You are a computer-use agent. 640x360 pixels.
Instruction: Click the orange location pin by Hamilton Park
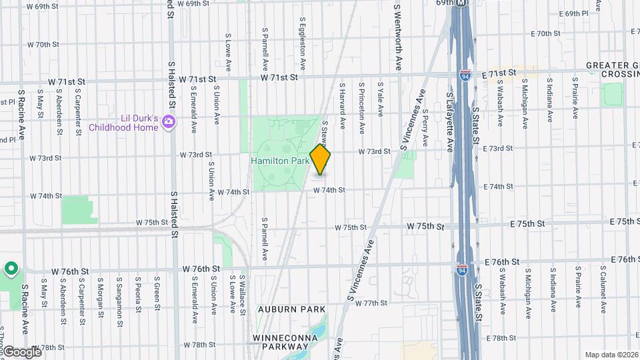click(x=321, y=161)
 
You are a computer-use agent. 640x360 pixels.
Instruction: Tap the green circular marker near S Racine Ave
click(x=11, y=269)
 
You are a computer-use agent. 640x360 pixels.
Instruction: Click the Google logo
click(x=21, y=351)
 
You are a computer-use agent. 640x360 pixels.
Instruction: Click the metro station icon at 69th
click(x=461, y=3)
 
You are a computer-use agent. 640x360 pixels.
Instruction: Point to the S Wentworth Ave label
click(x=398, y=37)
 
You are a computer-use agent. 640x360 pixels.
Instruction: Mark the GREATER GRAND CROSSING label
click(x=612, y=70)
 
